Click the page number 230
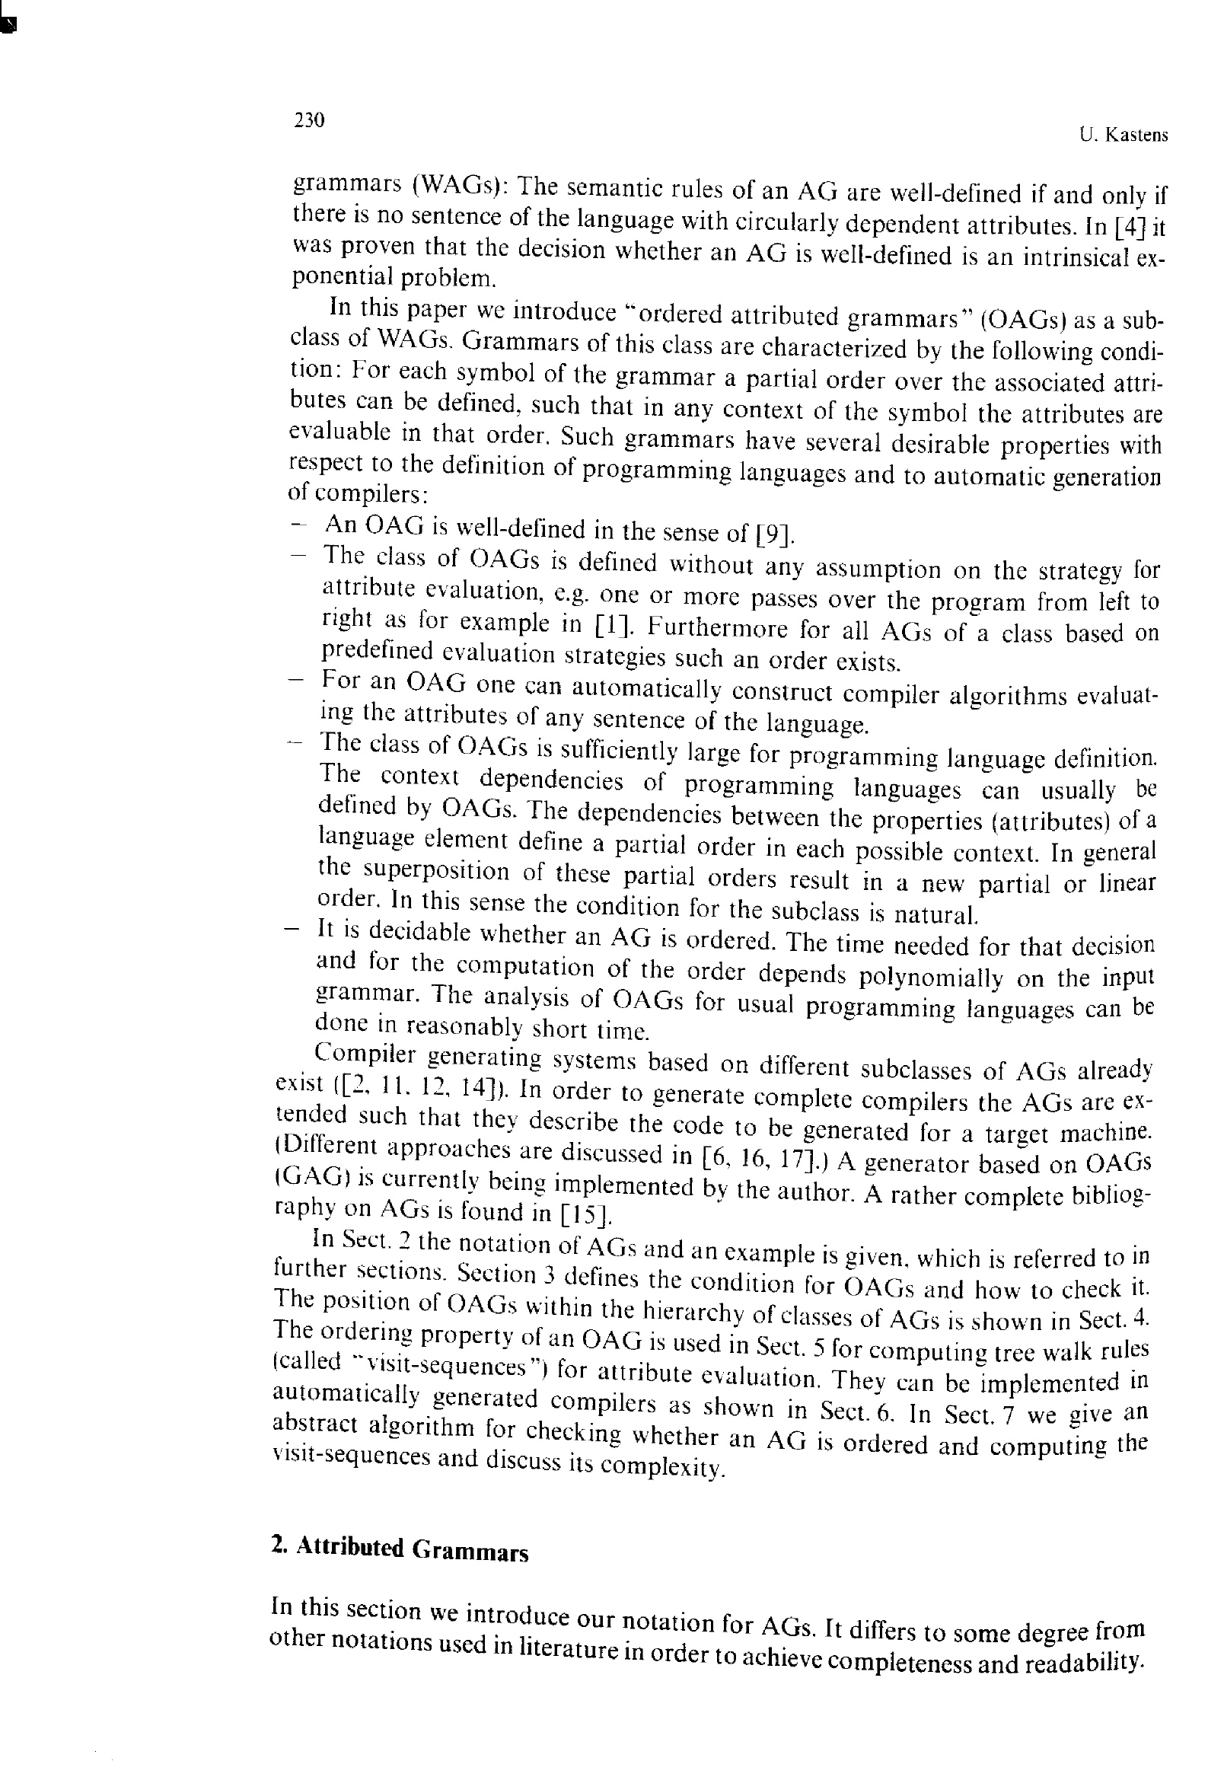click(x=309, y=120)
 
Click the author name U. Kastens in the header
click(x=1123, y=136)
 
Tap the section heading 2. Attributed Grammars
click(x=399, y=1547)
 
